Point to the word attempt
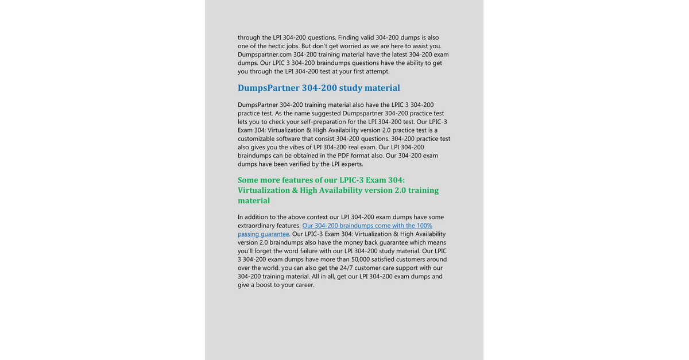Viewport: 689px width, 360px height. pos(377,72)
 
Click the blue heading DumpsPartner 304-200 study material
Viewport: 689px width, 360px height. pos(319,88)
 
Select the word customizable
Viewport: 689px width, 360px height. pos(259,139)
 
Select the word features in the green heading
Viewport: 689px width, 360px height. pos(308,180)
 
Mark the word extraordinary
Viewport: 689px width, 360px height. pos(259,226)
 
